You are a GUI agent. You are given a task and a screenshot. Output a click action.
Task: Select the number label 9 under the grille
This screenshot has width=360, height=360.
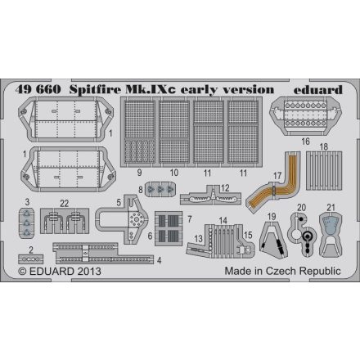tap(139, 173)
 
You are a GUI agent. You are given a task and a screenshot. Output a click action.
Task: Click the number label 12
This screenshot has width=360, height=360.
tap(223, 189)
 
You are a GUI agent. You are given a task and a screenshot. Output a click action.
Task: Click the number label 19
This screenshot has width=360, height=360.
tap(270, 215)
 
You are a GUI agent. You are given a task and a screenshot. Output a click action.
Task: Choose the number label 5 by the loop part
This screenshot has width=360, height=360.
tap(119, 202)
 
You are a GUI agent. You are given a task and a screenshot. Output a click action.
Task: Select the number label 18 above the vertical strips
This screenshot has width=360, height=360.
tap(323, 147)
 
